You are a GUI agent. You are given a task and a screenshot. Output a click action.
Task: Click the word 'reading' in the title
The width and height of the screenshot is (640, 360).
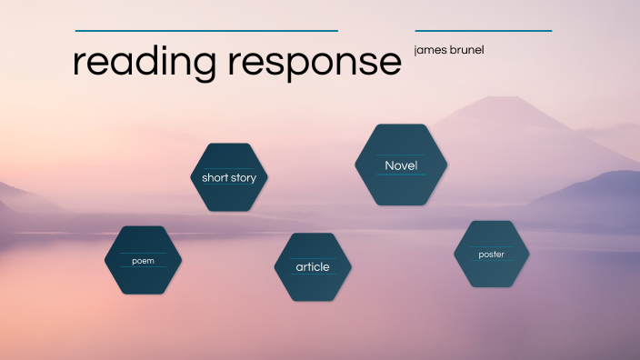(x=145, y=62)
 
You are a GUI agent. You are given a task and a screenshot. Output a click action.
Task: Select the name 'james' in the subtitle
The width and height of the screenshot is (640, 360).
(x=429, y=50)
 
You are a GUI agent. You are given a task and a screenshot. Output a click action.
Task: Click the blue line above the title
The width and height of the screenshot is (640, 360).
(x=206, y=31)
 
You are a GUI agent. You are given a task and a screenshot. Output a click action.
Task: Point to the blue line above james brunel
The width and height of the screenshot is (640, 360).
(x=483, y=31)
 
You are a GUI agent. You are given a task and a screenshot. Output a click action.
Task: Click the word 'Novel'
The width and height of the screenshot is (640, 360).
(x=401, y=165)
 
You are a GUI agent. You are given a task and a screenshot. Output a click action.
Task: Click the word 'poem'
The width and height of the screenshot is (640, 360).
(x=144, y=261)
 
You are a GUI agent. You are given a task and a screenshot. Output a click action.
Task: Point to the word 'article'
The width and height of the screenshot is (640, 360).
(x=313, y=267)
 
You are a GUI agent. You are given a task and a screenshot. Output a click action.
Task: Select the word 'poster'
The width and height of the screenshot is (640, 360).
(x=491, y=255)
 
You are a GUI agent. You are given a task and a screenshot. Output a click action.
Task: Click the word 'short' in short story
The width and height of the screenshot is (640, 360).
(x=215, y=178)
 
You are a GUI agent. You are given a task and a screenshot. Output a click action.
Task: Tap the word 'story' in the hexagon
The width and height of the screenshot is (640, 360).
(x=244, y=178)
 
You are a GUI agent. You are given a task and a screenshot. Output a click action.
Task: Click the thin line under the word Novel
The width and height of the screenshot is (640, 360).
(x=401, y=175)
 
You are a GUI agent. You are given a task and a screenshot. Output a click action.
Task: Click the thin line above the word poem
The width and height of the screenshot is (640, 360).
(x=144, y=253)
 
